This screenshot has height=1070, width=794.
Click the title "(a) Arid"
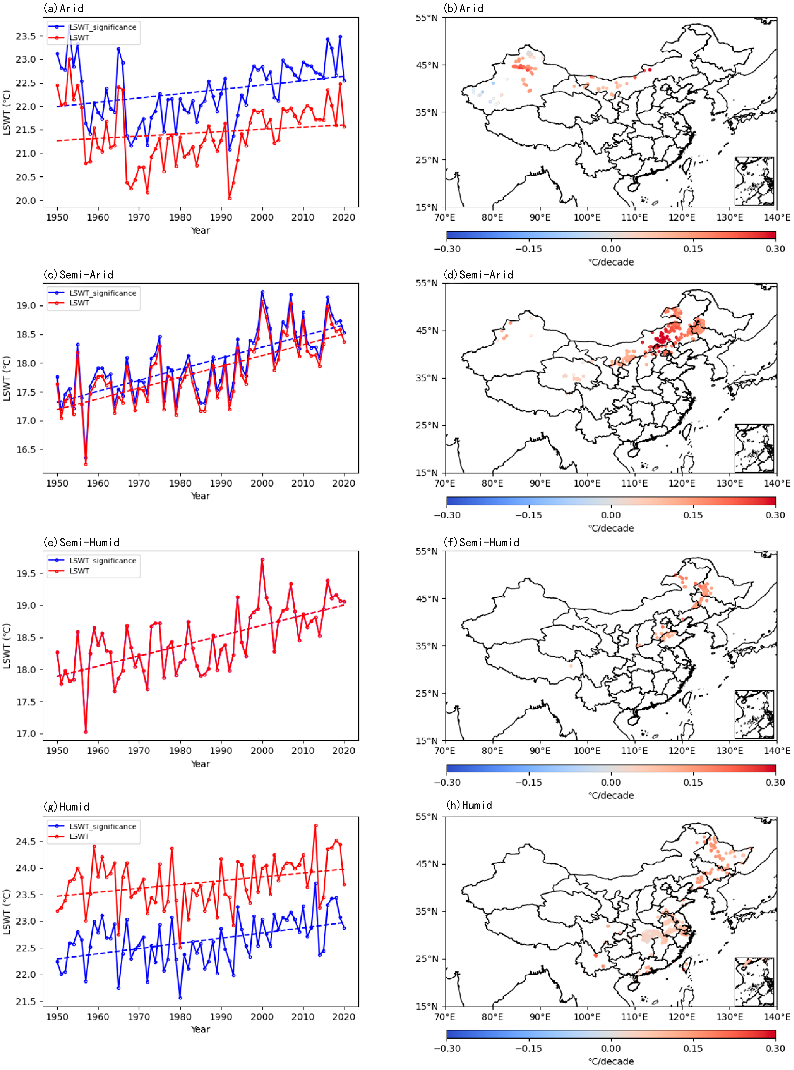(x=63, y=8)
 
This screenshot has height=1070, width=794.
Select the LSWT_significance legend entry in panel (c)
(x=102, y=293)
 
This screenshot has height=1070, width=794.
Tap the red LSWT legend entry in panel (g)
(x=79, y=836)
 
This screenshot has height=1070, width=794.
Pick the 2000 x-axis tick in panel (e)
(x=262, y=751)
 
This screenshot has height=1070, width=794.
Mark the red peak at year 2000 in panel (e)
(x=262, y=559)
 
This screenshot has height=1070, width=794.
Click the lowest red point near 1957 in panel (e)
(x=86, y=732)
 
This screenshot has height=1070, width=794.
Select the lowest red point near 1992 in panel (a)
(x=230, y=198)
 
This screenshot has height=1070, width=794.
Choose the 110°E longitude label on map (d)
(x=634, y=483)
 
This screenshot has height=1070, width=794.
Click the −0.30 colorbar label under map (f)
(x=447, y=782)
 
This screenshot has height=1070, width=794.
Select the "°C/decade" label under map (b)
(x=611, y=262)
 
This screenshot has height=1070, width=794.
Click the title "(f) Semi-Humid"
(x=482, y=542)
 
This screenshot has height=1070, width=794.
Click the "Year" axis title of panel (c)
(x=201, y=496)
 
